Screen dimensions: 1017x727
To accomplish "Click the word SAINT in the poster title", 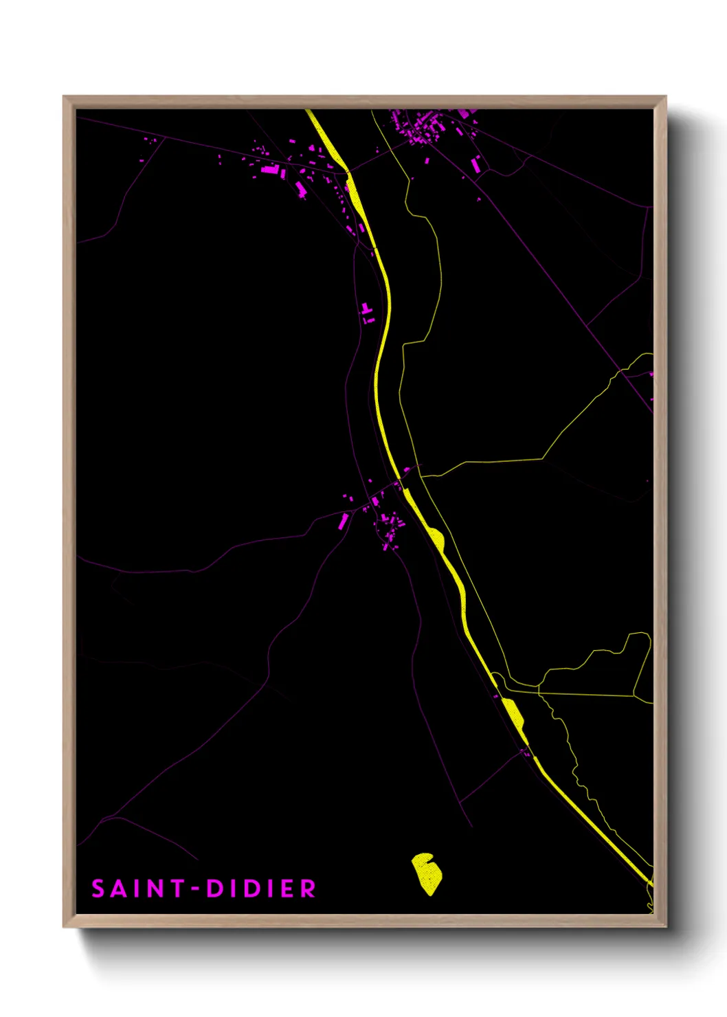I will click(137, 889).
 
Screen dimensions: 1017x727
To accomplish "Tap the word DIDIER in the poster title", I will click(261, 889).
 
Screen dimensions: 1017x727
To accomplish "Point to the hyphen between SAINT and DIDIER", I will click(196, 889).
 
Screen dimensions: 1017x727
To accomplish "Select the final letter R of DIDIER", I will click(308, 889).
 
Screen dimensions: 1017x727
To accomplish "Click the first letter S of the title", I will click(98, 889).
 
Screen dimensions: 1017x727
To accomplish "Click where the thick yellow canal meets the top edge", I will click(310, 111).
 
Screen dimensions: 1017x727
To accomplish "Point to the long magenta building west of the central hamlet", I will click(344, 521).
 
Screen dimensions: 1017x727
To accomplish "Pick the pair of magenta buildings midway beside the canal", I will click(367, 313).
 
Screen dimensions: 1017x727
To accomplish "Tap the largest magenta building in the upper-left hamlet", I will click(270, 169).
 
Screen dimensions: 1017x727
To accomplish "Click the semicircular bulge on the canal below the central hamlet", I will click(436, 538).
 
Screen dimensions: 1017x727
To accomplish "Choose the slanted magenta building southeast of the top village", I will click(476, 164).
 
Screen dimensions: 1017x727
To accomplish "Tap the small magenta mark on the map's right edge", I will click(651, 375).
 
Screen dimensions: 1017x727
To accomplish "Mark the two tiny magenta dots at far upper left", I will click(150, 140).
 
